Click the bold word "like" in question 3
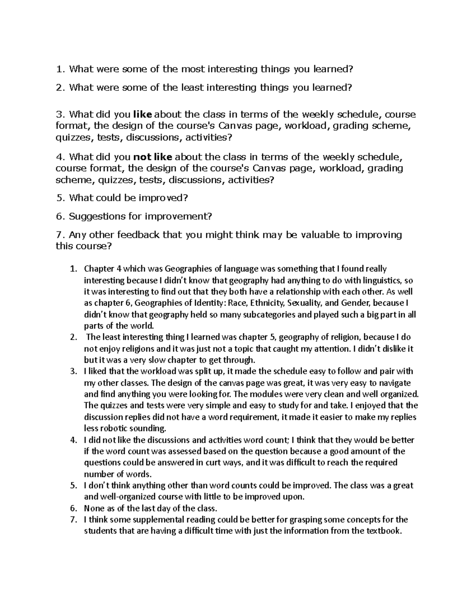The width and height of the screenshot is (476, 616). [x=143, y=115]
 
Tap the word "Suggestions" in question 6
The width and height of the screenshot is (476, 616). [x=94, y=216]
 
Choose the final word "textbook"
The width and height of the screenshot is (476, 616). [x=382, y=531]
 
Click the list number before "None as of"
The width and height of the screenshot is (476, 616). [x=73, y=509]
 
